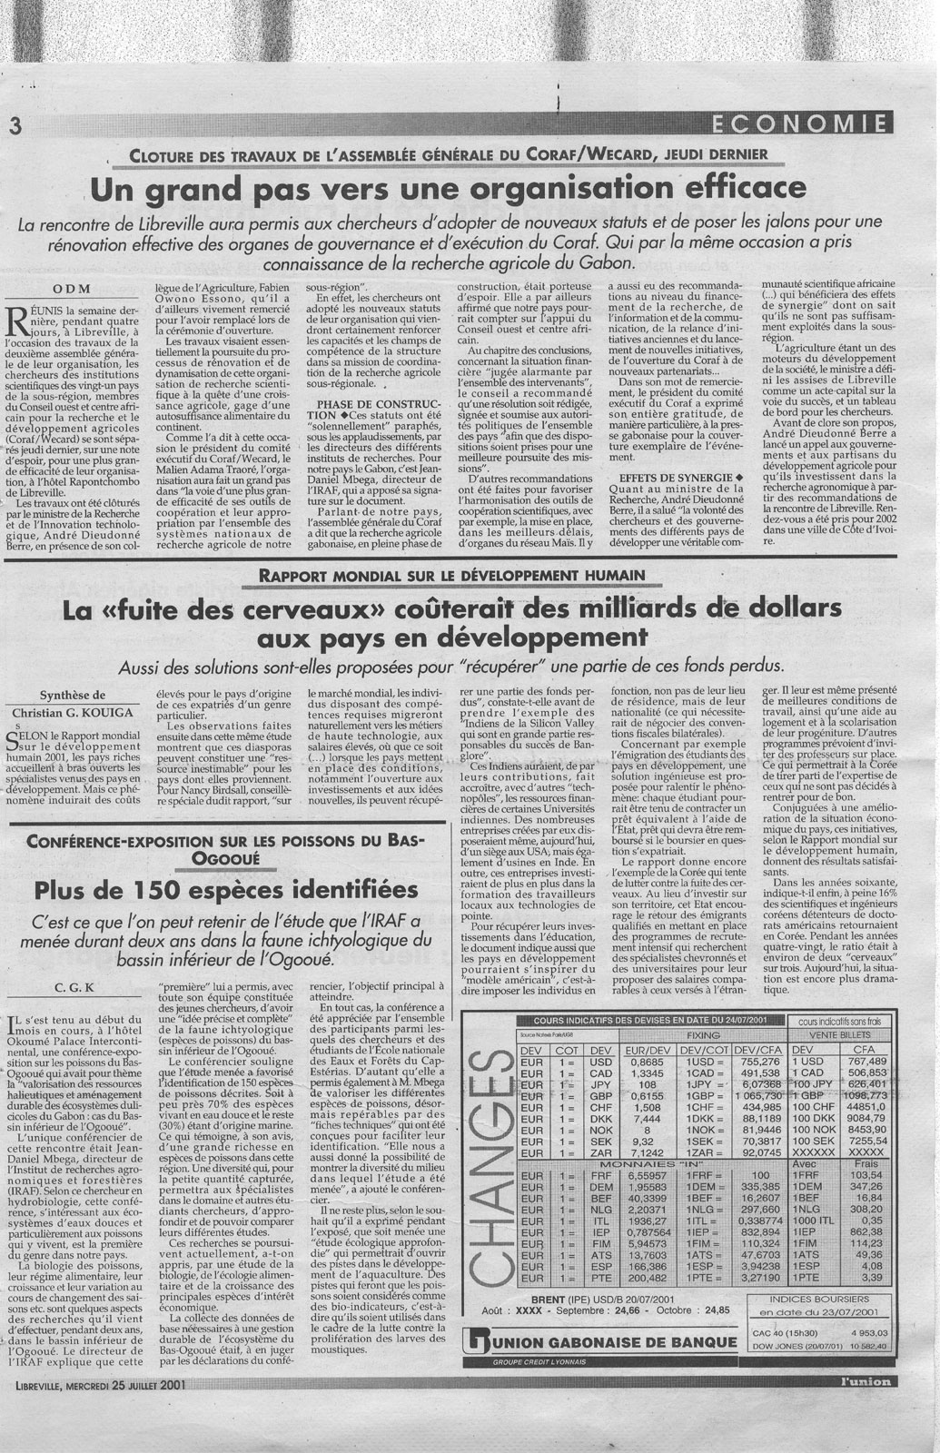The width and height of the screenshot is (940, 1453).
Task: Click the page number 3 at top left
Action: (14, 126)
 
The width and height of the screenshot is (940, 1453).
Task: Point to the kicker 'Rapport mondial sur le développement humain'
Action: (451, 575)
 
